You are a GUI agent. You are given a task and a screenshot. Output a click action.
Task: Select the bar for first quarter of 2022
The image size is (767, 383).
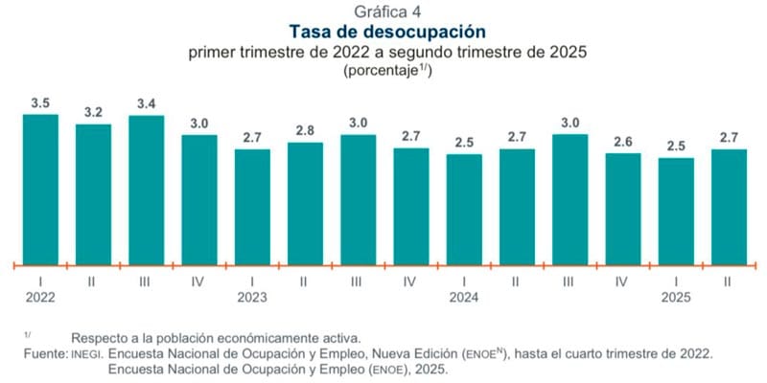(40, 188)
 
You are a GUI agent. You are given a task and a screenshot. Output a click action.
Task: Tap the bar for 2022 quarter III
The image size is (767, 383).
(146, 189)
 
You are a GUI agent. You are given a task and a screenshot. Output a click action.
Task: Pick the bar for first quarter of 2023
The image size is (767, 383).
(251, 205)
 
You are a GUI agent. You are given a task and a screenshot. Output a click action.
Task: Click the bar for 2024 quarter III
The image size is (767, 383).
(569, 198)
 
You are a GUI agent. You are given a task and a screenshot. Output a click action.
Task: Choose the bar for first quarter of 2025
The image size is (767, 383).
(675, 210)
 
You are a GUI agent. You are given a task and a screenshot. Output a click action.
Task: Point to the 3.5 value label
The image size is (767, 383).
(40, 101)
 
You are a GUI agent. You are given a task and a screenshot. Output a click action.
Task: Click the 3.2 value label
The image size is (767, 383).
(93, 112)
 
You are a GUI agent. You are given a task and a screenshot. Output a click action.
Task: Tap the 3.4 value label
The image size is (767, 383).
(146, 103)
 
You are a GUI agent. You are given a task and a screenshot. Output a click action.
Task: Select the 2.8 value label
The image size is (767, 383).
(305, 129)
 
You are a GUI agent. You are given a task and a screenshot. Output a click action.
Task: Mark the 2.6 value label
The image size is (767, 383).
(622, 140)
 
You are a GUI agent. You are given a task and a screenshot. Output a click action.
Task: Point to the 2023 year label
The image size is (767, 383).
(253, 298)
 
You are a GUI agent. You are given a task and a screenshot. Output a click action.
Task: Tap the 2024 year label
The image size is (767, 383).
(464, 298)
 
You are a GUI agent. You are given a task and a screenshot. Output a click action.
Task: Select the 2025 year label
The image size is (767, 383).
(676, 298)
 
